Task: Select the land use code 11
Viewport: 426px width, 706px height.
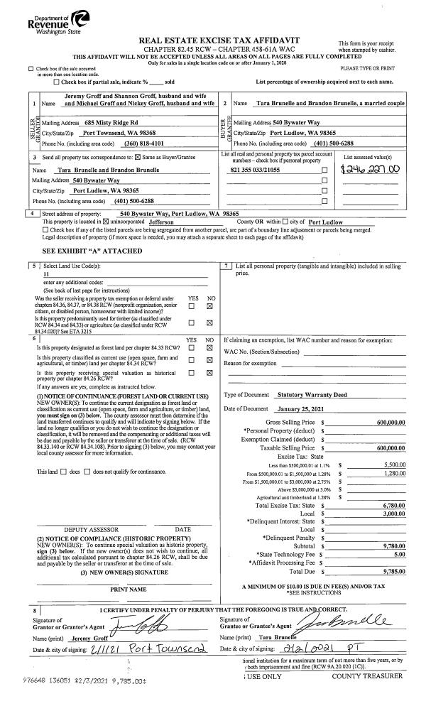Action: point(47,273)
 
